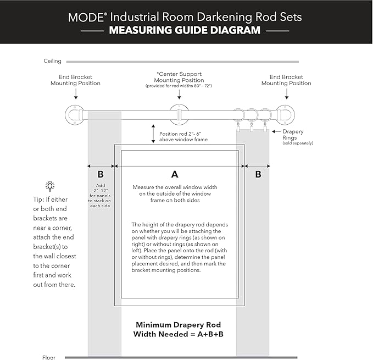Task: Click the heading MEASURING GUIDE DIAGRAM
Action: tap(185, 30)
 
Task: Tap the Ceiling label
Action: tap(53, 61)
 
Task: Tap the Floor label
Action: tap(49, 357)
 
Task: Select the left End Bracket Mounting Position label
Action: tap(75, 80)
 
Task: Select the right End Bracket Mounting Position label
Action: tap(286, 80)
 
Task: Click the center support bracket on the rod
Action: tap(179, 114)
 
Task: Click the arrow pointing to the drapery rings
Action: tap(276, 131)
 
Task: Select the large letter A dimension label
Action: tap(175, 174)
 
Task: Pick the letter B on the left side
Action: tap(101, 175)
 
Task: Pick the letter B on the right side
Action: tap(258, 175)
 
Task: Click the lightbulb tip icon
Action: tap(50, 186)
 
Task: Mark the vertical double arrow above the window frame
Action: tap(153, 134)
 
